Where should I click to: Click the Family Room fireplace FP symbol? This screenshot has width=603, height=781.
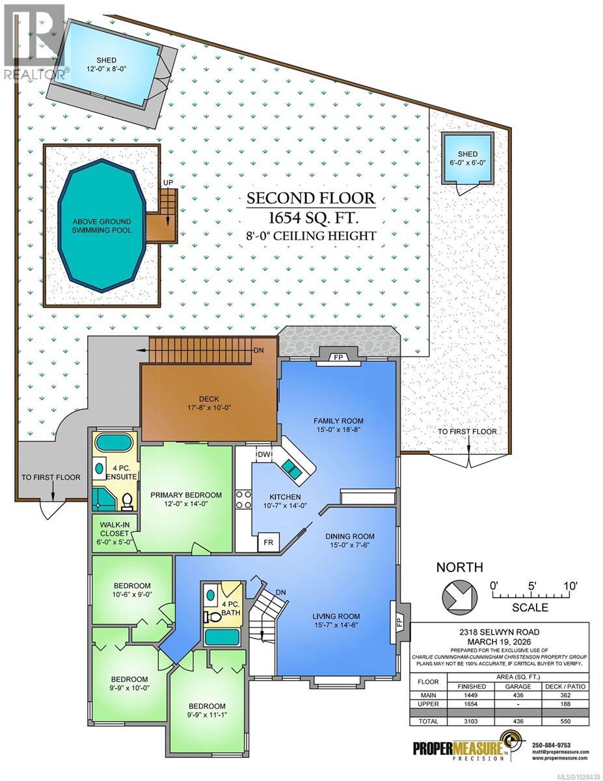[x=338, y=357]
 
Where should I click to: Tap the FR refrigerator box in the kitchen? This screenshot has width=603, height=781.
[x=267, y=541]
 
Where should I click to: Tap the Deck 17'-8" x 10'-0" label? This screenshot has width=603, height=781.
[x=207, y=405]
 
